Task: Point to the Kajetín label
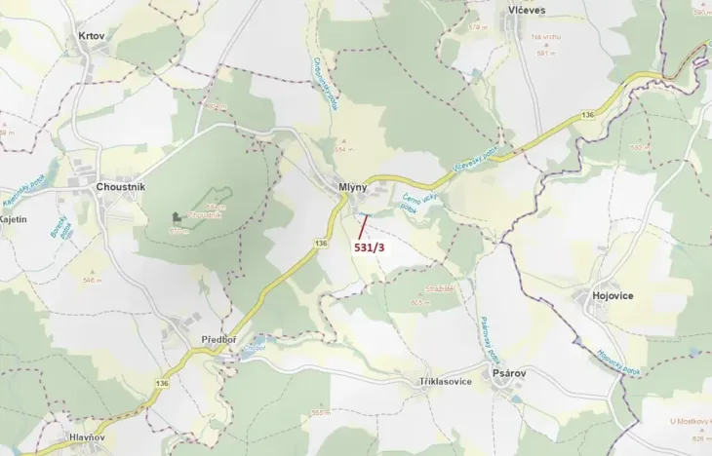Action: (x=13, y=220)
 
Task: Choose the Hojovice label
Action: (x=613, y=295)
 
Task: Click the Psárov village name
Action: (x=509, y=381)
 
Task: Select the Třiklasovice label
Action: (x=445, y=381)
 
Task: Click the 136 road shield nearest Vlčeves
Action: (x=586, y=115)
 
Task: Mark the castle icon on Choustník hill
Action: (x=176, y=216)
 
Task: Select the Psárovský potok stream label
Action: (x=488, y=336)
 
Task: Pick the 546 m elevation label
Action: (x=93, y=281)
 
